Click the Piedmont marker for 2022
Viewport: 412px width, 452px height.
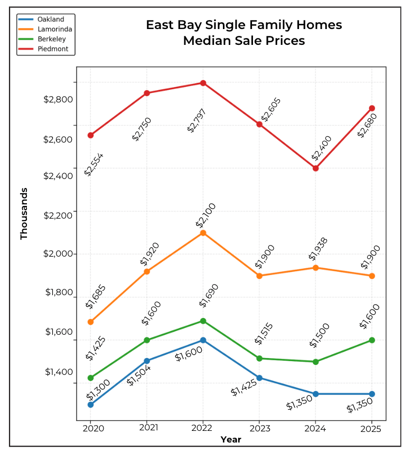[203, 83]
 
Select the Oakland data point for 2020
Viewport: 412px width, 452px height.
[91, 404]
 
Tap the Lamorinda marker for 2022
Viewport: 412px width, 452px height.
[203, 233]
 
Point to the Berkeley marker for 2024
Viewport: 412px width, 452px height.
[315, 362]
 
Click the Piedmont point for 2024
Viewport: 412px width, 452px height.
[315, 168]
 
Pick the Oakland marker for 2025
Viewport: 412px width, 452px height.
[372, 394]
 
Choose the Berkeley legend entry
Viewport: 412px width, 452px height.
[52, 40]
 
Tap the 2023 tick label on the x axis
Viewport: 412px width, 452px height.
[259, 428]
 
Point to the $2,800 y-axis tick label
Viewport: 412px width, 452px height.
[58, 99]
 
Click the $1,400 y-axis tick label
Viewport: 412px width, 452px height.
[58, 372]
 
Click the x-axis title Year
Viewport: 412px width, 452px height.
[231, 439]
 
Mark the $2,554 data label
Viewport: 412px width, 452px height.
[94, 164]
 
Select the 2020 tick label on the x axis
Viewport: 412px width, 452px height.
[91, 428]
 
